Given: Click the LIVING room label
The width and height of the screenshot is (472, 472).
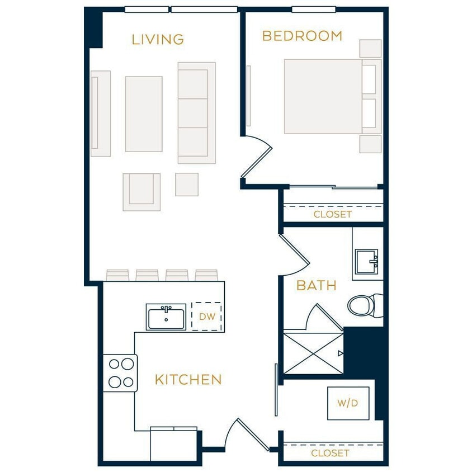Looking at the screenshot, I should pos(158,39).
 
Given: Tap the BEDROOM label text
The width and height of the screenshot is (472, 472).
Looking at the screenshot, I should pos(302,36).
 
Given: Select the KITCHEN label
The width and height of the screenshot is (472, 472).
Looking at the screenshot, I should pos(188,380).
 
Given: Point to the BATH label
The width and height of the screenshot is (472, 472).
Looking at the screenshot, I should pos(316,286).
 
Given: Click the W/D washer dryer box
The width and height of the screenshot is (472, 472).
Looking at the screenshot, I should pos(348,403).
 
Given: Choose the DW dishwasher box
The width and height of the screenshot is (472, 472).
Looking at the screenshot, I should pos(207,317).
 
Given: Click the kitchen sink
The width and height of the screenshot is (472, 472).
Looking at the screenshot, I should pos(166,317).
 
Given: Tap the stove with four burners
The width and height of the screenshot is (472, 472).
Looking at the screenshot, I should pos(121,373).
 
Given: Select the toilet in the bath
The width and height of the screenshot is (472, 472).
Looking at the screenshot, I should pos(364,305).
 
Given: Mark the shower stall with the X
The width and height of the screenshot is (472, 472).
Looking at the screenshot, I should pos(313,353).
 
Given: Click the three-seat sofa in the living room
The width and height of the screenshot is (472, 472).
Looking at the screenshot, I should pos(196,113).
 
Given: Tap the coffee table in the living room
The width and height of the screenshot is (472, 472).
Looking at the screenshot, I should pos(144,114).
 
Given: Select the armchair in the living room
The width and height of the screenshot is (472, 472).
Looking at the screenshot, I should pos(141,192).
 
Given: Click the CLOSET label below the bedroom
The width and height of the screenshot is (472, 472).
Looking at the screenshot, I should pos(332,214).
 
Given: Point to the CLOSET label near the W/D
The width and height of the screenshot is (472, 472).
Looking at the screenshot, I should pos(330,453).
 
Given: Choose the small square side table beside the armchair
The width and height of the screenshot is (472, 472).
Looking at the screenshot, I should pos(187,185).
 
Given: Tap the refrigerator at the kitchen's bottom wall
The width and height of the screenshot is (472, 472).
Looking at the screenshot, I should pos(173,444).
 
